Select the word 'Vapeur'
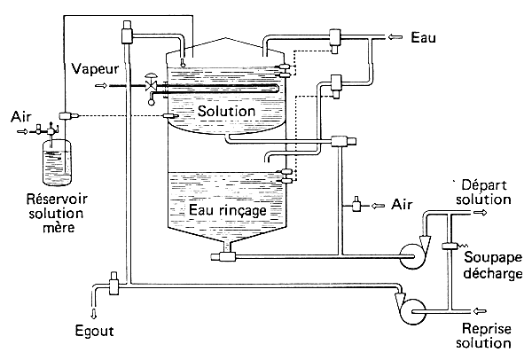click(x=91, y=67)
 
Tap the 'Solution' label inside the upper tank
click(x=227, y=111)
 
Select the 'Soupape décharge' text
click(x=491, y=263)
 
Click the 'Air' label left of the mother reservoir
click(x=21, y=116)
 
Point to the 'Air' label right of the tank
click(x=402, y=204)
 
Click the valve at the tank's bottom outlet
click(x=226, y=256)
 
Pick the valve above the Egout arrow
click(x=113, y=286)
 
